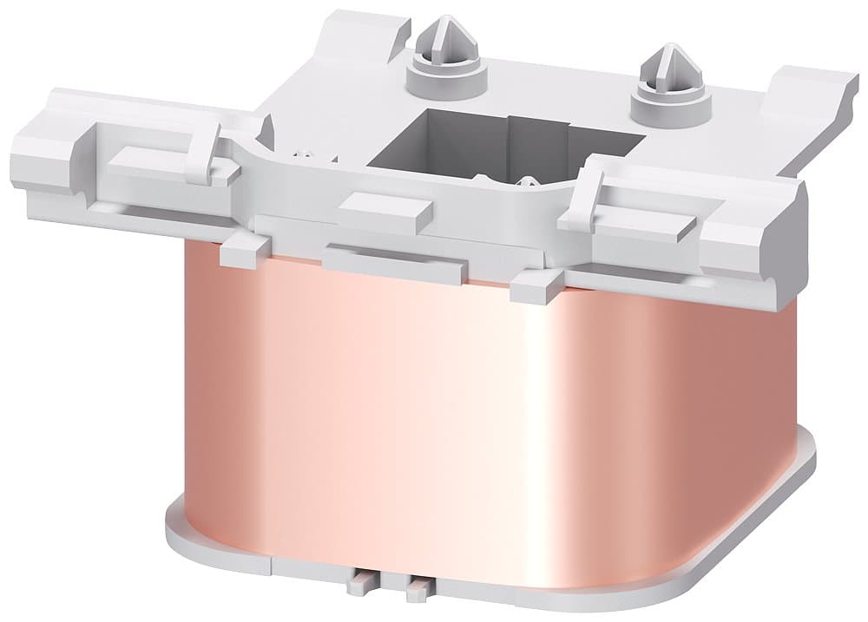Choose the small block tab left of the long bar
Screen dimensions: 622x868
coord(243,250)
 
